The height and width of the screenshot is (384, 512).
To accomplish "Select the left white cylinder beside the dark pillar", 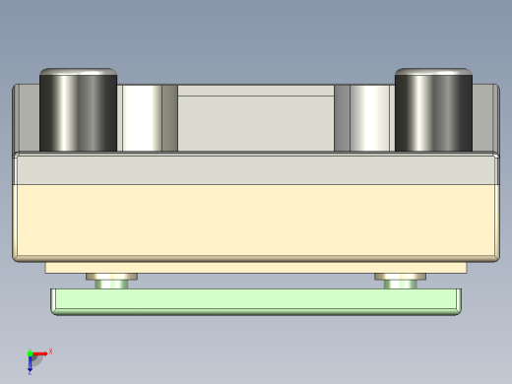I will click(140, 118).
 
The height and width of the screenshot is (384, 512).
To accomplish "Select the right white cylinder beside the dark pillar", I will click(371, 118).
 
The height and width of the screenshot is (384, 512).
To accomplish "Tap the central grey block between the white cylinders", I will click(256, 123).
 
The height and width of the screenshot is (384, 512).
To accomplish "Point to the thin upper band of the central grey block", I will click(256, 91).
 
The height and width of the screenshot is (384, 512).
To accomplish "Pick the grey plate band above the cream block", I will click(256, 169).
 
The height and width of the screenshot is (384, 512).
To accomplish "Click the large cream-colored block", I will click(256, 222).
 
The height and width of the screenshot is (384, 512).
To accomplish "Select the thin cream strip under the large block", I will click(256, 268).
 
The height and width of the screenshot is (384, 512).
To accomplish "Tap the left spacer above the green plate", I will click(111, 281).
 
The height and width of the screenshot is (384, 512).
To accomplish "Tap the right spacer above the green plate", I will click(400, 281).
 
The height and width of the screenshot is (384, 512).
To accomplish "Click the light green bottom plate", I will click(256, 301).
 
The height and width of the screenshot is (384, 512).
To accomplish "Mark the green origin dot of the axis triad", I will click(30, 353).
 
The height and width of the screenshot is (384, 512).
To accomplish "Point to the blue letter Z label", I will click(30, 372).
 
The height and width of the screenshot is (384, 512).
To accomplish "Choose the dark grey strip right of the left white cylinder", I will click(169, 118).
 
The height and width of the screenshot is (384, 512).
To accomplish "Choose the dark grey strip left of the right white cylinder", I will click(342, 118).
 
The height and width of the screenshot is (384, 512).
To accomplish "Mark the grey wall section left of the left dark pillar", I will click(27, 118).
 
